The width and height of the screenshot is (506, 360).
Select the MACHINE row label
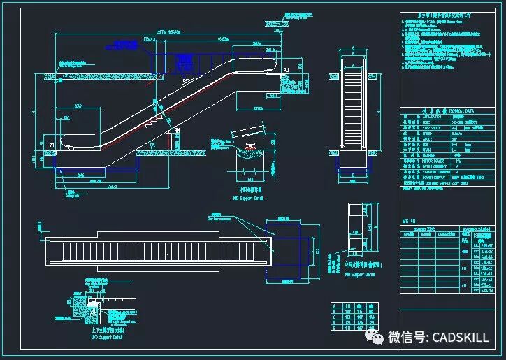(x=428, y=154)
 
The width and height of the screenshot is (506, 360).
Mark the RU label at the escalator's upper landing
(x=285, y=70)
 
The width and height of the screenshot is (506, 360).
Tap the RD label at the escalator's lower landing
(x=52, y=145)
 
